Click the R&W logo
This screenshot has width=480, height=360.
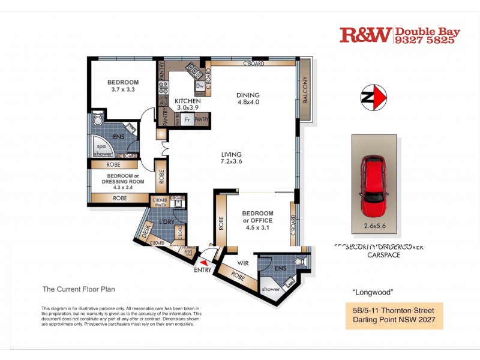(x=365, y=35)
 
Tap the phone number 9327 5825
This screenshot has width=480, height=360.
(x=427, y=40)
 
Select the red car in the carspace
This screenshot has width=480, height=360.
(x=374, y=187)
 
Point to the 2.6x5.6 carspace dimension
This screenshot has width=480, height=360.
(x=373, y=226)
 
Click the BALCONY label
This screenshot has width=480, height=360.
(x=305, y=90)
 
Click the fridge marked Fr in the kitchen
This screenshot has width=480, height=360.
(x=188, y=119)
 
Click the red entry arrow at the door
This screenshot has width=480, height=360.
(x=205, y=261)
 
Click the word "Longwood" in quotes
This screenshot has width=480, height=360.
(x=373, y=293)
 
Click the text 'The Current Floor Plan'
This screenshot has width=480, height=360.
(x=78, y=289)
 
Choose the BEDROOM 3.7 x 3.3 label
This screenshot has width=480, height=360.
(x=123, y=86)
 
